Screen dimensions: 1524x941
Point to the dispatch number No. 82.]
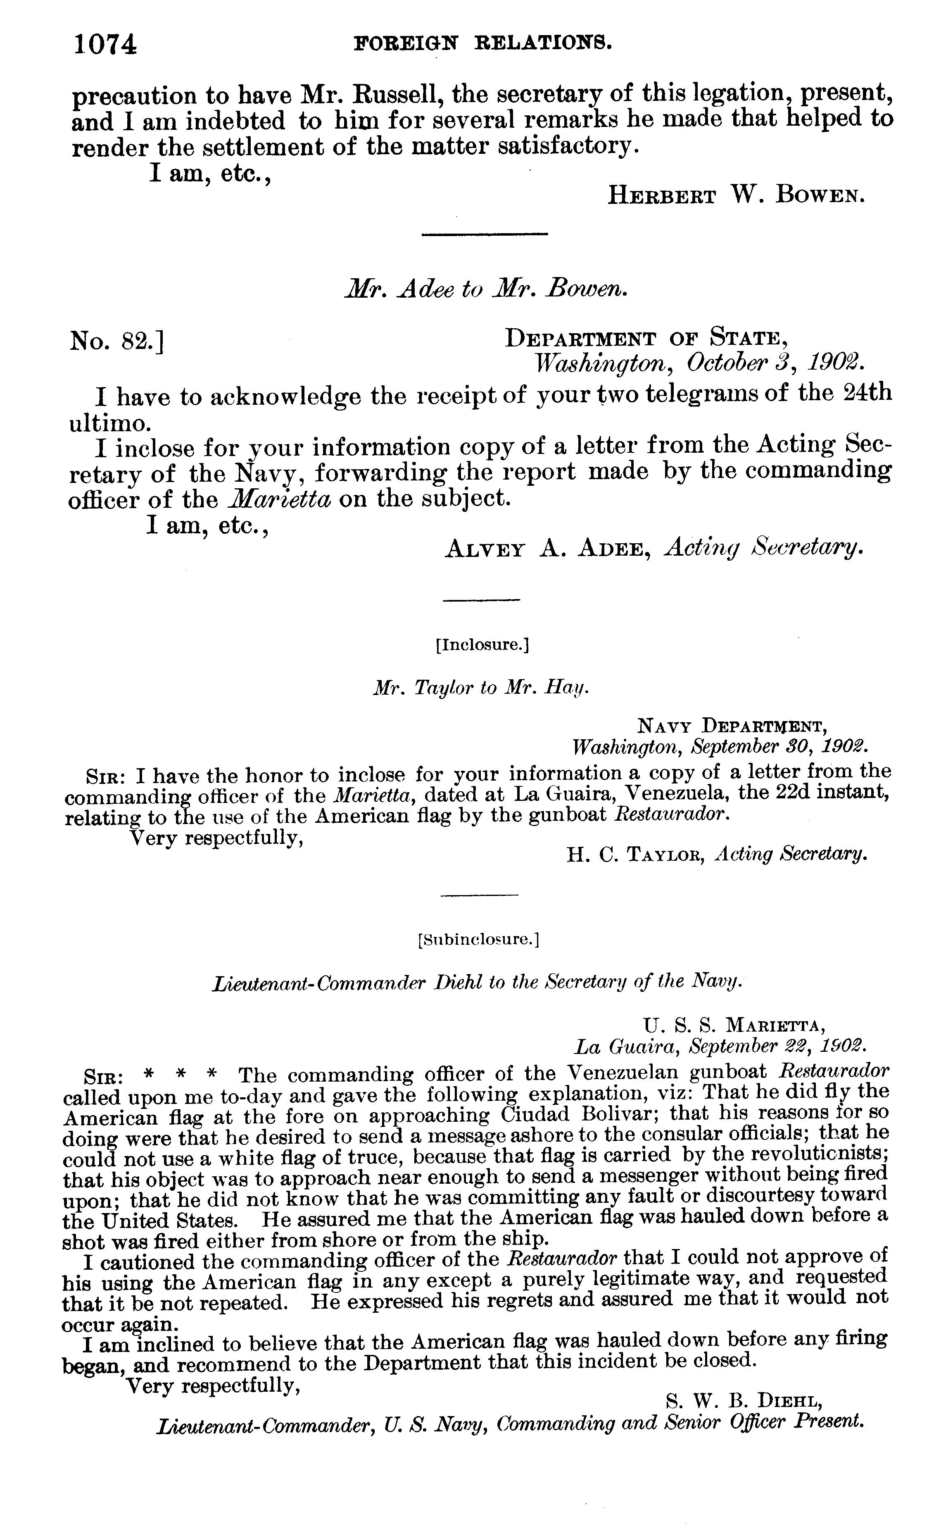[x=117, y=341]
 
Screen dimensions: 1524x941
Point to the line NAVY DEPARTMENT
[x=732, y=725]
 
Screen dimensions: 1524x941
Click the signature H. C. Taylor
[x=635, y=855]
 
